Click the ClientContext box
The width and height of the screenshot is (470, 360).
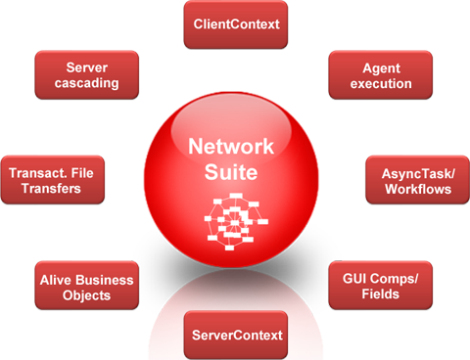tap(234, 24)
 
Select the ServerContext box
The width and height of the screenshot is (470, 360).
tap(234, 336)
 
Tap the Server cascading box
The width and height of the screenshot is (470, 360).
tap(86, 75)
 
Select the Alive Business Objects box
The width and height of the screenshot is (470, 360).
tap(86, 286)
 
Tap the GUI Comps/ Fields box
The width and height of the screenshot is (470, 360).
tap(382, 286)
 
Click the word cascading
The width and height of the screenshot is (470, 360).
tap(86, 83)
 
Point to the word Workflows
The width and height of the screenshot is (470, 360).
tap(413, 189)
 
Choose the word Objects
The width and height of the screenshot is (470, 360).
tap(86, 294)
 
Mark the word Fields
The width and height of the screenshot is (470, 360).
tap(382, 294)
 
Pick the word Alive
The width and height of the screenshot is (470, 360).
tap(56, 278)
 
